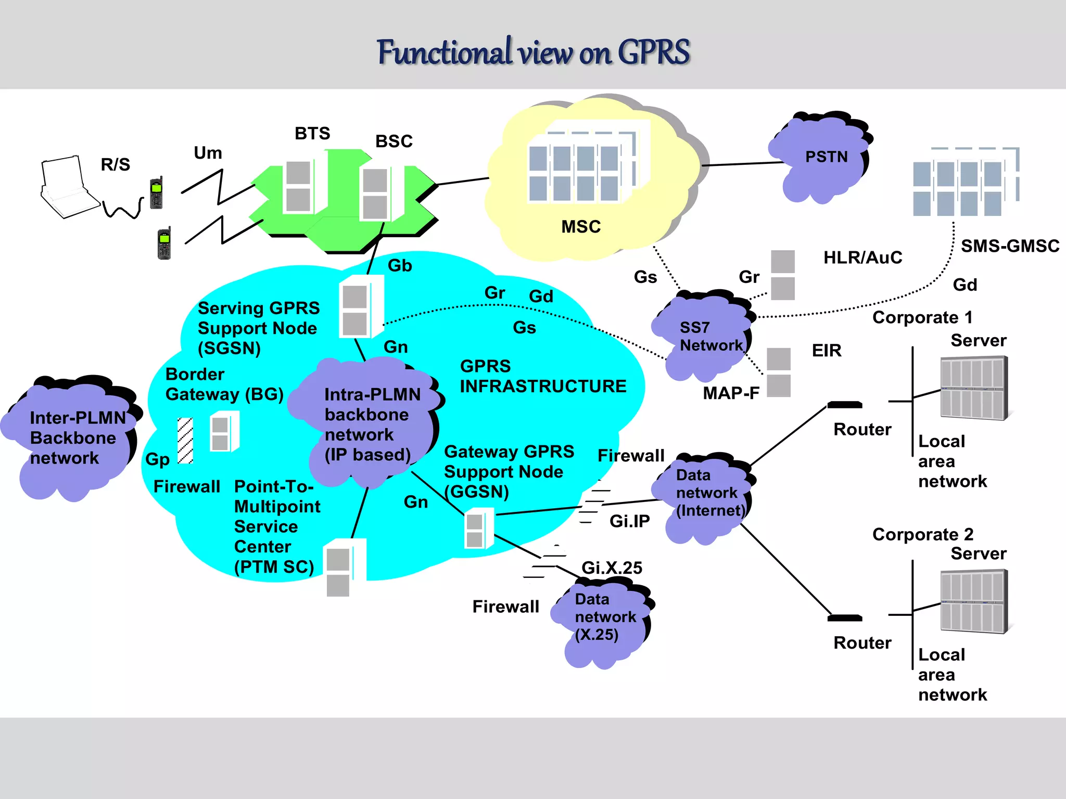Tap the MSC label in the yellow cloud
coord(581,227)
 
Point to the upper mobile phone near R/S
coord(156,193)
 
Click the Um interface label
coord(208,153)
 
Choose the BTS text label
coord(312,133)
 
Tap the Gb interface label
coord(400,266)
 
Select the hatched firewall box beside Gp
coord(185,441)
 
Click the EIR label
coord(826,351)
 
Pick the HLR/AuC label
coord(862,257)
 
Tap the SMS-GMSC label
coord(1009,246)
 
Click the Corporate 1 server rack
coord(973,388)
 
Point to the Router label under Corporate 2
coord(862,643)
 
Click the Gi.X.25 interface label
coord(612,568)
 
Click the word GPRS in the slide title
coord(654,52)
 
